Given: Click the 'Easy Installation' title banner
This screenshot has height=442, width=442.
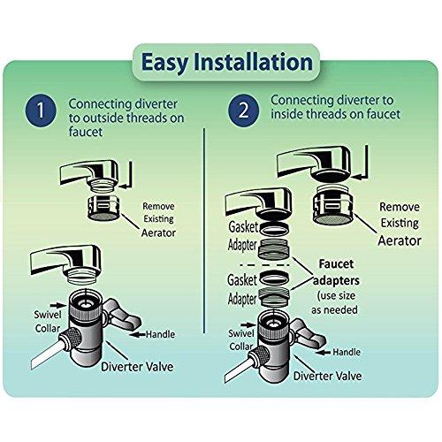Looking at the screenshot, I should [x=221, y=65].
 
